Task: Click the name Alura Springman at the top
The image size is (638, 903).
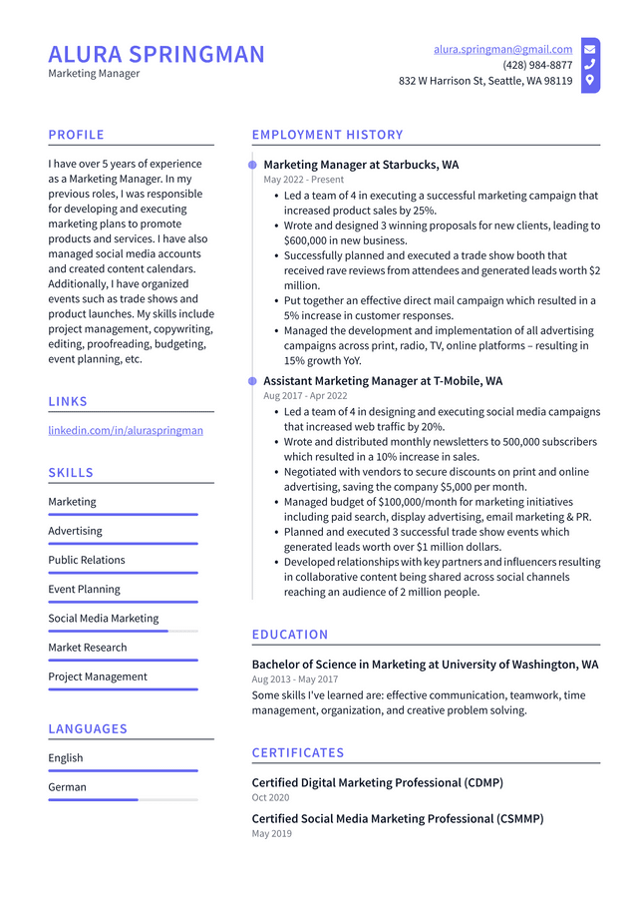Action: point(157,54)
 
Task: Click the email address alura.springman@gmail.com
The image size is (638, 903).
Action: point(502,49)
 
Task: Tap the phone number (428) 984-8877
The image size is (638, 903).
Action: point(537,65)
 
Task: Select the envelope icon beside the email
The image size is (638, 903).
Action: point(590,49)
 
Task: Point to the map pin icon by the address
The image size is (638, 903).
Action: point(590,81)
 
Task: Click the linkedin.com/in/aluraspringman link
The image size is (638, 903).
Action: point(126,430)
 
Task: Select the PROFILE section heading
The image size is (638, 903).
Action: point(76,135)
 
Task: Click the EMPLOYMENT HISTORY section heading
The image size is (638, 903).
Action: point(327,135)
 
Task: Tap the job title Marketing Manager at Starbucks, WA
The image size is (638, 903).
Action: point(361,165)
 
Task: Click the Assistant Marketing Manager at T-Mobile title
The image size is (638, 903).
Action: point(383,381)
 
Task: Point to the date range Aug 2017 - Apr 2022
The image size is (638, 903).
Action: point(305,396)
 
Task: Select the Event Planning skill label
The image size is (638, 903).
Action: point(84,589)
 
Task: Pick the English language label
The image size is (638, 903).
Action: point(66,757)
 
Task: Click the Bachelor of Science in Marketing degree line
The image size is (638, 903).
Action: point(425,665)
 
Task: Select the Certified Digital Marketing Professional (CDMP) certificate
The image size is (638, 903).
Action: point(377,782)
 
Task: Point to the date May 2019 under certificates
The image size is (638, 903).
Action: point(272,833)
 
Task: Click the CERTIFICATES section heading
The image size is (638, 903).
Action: point(297,752)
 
